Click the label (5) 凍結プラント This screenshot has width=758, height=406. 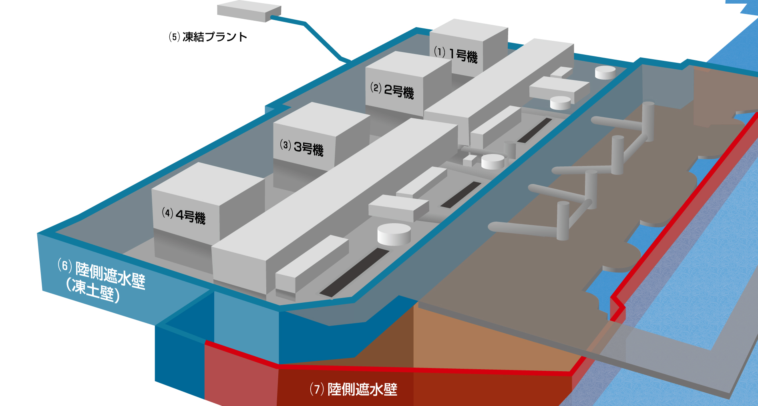208,37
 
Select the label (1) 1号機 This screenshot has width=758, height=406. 456,54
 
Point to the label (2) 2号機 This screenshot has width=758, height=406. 392,90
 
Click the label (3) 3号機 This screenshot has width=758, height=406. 302,148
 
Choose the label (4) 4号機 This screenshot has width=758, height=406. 184,216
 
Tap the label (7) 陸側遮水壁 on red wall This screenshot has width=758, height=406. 354,389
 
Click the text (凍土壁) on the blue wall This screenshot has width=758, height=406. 93,290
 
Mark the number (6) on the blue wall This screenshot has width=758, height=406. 65,266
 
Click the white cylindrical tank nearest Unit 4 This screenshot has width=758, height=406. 394,234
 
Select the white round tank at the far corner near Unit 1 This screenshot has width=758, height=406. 605,72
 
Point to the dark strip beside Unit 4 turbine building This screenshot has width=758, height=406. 354,273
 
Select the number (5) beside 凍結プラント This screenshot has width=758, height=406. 175,37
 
